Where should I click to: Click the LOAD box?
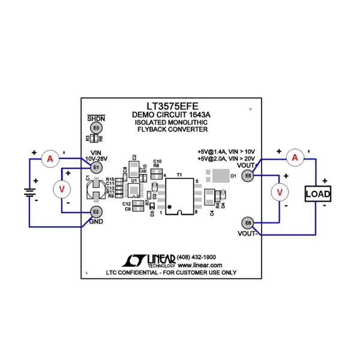point(318,194)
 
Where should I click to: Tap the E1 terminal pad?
point(96,167)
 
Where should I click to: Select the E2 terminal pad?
point(96,211)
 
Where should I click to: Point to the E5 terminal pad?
point(248,175)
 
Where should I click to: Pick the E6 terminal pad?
point(248,223)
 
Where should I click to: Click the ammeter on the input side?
point(51,158)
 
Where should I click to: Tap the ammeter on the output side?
point(294,157)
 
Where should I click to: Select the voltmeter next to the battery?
point(61,189)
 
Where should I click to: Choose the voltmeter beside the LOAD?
point(279,192)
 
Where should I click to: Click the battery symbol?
point(28,193)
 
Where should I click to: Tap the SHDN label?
point(96,118)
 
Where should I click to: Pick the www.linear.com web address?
point(200,265)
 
